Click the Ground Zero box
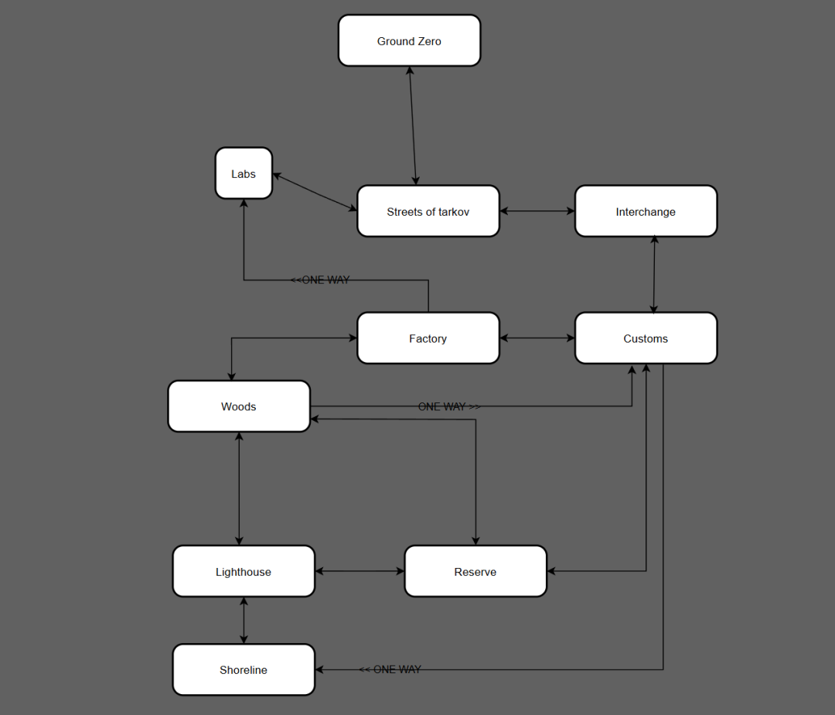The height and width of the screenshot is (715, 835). click(x=409, y=41)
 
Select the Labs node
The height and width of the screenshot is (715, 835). click(x=244, y=174)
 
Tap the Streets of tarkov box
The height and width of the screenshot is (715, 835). click(x=428, y=211)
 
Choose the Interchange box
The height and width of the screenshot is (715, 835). click(x=646, y=211)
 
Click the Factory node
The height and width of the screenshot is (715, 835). click(x=428, y=338)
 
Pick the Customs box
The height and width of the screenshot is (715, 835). click(x=646, y=338)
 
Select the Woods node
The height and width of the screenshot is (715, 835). click(x=239, y=406)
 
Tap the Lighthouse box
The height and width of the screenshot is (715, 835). click(x=244, y=572)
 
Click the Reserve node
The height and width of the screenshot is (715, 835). click(x=475, y=572)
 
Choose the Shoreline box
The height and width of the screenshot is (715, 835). click(x=244, y=670)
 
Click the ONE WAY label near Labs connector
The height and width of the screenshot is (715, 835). click(x=320, y=280)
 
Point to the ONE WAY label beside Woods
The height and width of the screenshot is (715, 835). click(x=449, y=406)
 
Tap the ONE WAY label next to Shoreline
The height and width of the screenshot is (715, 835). click(x=390, y=669)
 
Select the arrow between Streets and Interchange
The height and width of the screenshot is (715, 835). click(x=537, y=210)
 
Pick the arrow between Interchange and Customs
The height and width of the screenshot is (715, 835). click(x=654, y=275)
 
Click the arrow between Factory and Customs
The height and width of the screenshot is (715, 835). click(x=537, y=338)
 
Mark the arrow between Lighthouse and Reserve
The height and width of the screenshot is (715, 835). click(x=360, y=572)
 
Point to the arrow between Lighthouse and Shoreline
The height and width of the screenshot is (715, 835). click(x=244, y=621)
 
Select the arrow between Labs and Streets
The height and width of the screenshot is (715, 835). click(x=315, y=192)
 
